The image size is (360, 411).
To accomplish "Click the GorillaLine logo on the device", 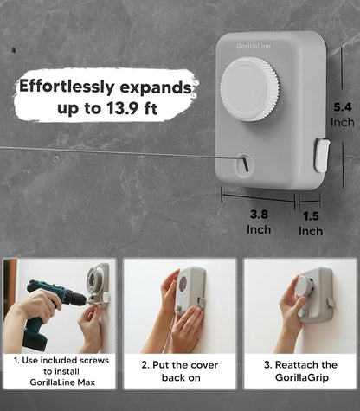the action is click(254, 46).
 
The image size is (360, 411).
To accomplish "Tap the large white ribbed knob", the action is click(249, 89).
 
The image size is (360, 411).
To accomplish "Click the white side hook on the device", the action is click(322, 155).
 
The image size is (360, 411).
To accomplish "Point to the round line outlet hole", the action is click(245, 164).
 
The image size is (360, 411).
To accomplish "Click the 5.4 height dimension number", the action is click(343, 107).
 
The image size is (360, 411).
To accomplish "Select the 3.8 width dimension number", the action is click(259, 215).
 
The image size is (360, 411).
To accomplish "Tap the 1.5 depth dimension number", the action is click(311, 216).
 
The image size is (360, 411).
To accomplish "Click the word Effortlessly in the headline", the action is click(67, 87).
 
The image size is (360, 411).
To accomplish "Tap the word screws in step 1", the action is click(94, 361).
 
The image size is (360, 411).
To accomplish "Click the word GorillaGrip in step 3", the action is click(302, 377).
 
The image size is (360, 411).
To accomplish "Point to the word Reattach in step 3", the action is click(294, 365).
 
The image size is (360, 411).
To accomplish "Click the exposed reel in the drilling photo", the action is click(94, 279).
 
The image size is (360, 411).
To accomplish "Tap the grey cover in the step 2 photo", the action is click(190, 291).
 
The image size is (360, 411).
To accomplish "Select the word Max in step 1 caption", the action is click(87, 382).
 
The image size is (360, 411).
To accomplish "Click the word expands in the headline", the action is click(156, 87).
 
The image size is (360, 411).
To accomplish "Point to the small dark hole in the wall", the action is click(14, 50).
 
